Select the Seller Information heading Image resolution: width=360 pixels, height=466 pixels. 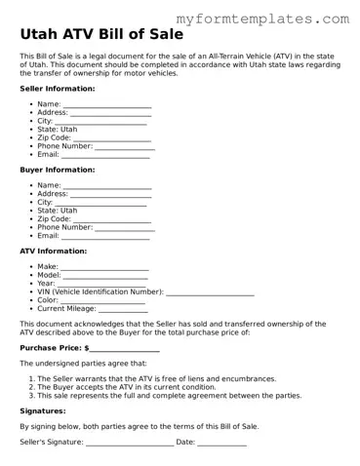pyautogui.click(x=58, y=88)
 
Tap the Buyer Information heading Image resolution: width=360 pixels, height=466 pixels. pyautogui.click(x=57, y=170)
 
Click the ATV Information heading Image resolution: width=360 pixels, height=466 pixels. pyautogui.click(x=54, y=252)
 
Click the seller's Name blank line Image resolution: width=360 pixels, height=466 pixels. pyautogui.click(x=107, y=105)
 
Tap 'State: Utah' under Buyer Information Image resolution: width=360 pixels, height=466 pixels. pyautogui.click(x=57, y=211)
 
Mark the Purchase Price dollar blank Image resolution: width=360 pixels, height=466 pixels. pyautogui.click(x=125, y=349)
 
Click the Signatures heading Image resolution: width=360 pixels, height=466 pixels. pyautogui.click(x=42, y=411)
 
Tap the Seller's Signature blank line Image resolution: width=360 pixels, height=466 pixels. pyautogui.click(x=130, y=445)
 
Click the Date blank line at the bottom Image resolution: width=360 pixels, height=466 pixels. pyautogui.click(x=221, y=445)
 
